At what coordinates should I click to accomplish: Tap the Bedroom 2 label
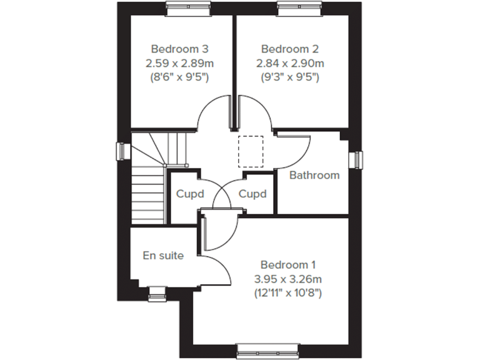tap(291, 49)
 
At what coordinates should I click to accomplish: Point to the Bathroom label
tap(314, 175)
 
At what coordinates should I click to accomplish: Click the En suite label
tap(163, 255)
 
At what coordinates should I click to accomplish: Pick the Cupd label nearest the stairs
tap(190, 194)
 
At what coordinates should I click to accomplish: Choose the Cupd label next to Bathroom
tap(252, 194)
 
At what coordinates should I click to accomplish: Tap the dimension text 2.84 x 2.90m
tap(291, 63)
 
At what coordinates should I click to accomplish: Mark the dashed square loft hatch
tap(251, 151)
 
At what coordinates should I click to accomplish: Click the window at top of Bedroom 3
tap(185, 7)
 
